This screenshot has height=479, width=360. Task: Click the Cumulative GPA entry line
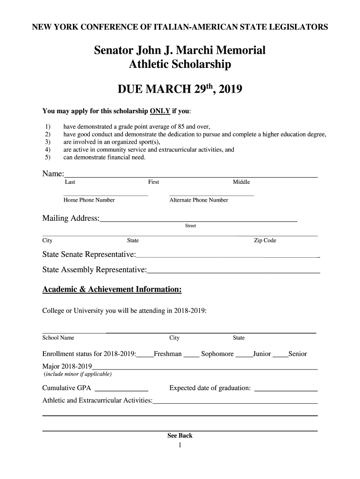(122, 389)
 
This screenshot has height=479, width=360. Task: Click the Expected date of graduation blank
(286, 389)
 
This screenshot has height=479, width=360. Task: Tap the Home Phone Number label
(89, 200)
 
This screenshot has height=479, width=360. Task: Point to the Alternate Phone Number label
(199, 200)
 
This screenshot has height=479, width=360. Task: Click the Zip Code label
(265, 240)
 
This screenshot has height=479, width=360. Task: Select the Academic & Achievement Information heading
(112, 290)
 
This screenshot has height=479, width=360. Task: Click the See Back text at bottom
(180, 435)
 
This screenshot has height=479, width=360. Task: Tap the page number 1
(180, 445)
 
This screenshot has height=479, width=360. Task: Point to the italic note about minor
(78, 374)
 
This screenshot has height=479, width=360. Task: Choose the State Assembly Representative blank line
(233, 272)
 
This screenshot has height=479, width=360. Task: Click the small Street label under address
(191, 226)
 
